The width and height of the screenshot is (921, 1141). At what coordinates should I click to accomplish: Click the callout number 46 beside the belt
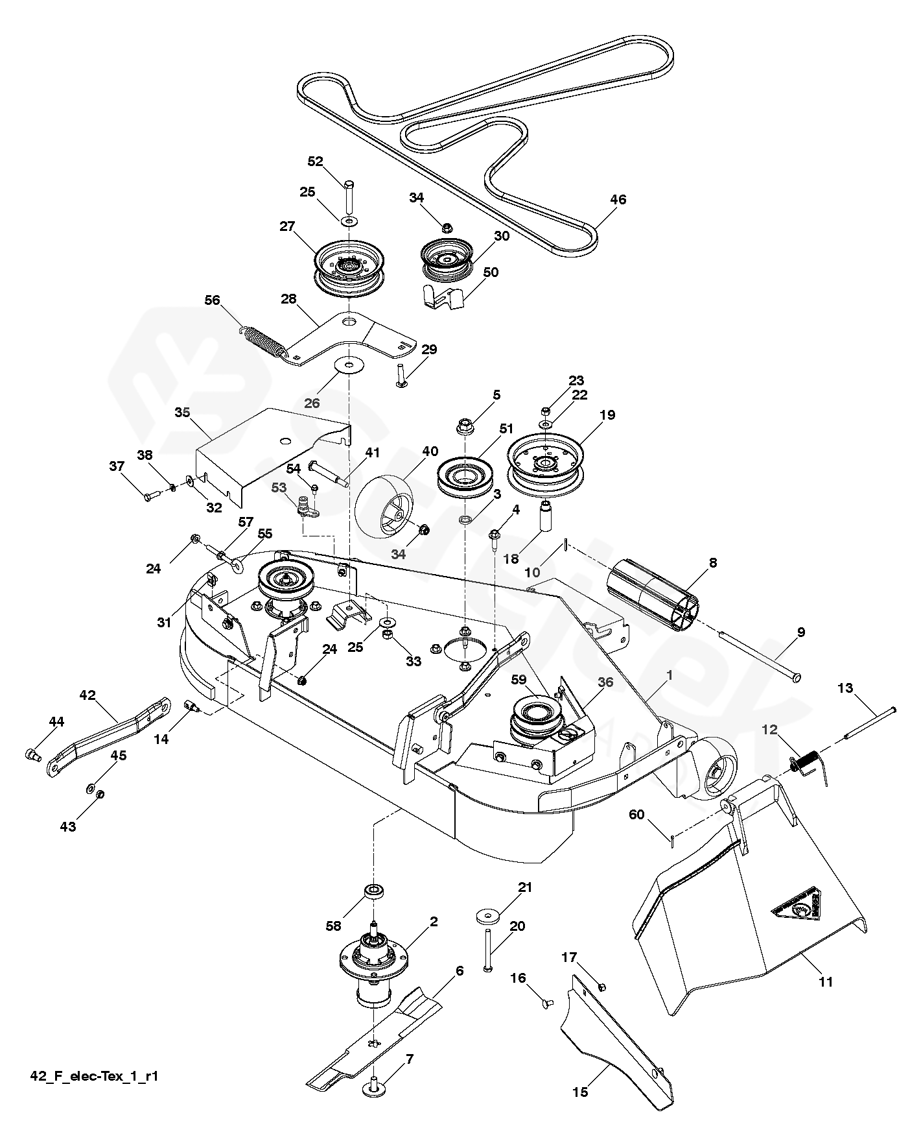[x=618, y=199]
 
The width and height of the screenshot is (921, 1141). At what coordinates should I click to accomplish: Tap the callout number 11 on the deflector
[x=824, y=981]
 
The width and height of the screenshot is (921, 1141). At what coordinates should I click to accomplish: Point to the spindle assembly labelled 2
[x=368, y=960]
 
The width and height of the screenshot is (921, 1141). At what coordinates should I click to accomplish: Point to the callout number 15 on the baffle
[x=580, y=1092]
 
